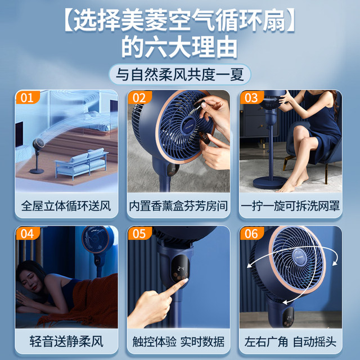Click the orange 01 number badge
(26, 97)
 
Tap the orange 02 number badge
(139, 97)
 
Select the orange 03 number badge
(251, 97)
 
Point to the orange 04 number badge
(26, 233)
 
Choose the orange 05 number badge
(139, 233)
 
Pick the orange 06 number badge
(251, 233)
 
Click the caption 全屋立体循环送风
(66, 206)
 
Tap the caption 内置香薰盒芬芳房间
(179, 206)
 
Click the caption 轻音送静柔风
(66, 341)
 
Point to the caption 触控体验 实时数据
(179, 341)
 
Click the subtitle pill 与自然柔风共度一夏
(179, 74)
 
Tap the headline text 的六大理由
(179, 47)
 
